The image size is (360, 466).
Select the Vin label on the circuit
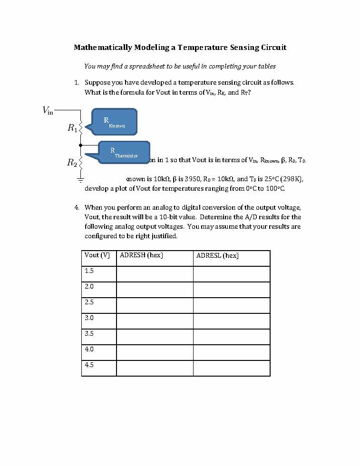(48, 111)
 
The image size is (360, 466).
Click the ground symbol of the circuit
(81, 180)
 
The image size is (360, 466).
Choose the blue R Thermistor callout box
(124, 153)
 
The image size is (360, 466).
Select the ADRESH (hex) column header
(141, 255)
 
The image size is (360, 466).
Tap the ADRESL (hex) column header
(217, 256)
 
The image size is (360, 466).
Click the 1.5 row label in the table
(89, 271)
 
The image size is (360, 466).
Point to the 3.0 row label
(89, 318)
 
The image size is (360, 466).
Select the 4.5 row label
(89, 365)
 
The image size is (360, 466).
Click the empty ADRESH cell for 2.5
(155, 305)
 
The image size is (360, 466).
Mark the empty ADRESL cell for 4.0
(232, 352)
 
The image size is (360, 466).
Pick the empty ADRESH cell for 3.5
(155, 337)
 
